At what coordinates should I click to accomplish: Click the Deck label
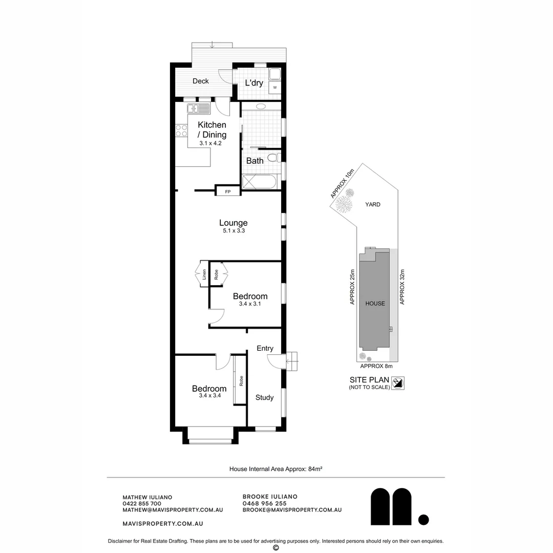pos(200,81)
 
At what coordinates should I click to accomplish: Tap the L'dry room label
pos(254,83)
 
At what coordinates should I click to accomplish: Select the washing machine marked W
pos(275,88)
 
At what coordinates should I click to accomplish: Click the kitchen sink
pos(198,109)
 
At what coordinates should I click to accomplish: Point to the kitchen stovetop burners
pos(181,131)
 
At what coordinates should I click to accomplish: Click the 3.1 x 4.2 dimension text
pos(210,143)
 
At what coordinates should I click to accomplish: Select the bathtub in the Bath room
pos(260,182)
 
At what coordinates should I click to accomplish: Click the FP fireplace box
pos(228,192)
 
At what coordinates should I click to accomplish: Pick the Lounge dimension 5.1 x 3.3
pos(233,230)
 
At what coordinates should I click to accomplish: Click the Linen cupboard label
pos(204,274)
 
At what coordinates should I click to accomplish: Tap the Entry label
pos(265,349)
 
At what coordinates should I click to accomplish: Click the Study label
pos(264,397)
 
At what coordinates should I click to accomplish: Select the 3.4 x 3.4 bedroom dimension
pos(209,396)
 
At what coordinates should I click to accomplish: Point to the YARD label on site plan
pos(372,204)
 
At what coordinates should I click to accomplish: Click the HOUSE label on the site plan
pos(375,304)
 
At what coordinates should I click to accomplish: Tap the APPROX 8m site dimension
pos(376,366)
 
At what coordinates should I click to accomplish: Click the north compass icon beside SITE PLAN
pos(398,383)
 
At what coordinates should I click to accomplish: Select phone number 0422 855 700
pos(142,504)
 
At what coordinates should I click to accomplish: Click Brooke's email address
pos(292,510)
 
